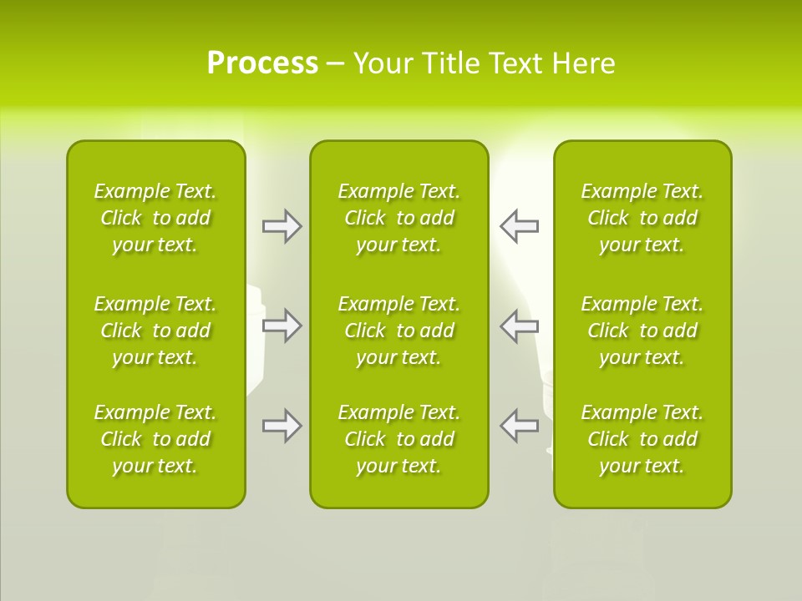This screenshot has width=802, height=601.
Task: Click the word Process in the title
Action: pos(262,63)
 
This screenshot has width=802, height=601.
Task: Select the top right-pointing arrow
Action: pos(282,226)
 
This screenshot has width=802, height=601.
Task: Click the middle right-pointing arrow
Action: pos(282,326)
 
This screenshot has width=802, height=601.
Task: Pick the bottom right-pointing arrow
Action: pos(282,426)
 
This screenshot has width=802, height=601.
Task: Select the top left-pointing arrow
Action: pos(520,226)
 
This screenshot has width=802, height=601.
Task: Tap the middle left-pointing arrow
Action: pos(520,326)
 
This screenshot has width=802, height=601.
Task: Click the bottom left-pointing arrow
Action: pos(520,425)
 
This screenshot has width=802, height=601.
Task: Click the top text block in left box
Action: pos(155,218)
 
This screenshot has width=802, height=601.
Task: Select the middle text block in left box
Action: pos(155,331)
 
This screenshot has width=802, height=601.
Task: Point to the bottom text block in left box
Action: pos(155,439)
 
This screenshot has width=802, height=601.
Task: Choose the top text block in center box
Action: pos(398,218)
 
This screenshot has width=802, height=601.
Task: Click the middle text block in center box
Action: pos(398,331)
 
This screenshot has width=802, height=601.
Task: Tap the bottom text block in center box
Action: pos(398,439)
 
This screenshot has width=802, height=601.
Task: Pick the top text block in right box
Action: pos(642,218)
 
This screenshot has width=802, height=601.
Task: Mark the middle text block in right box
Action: pos(642,331)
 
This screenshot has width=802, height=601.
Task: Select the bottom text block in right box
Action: pos(642,439)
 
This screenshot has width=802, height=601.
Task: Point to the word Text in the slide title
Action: pos(514,63)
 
